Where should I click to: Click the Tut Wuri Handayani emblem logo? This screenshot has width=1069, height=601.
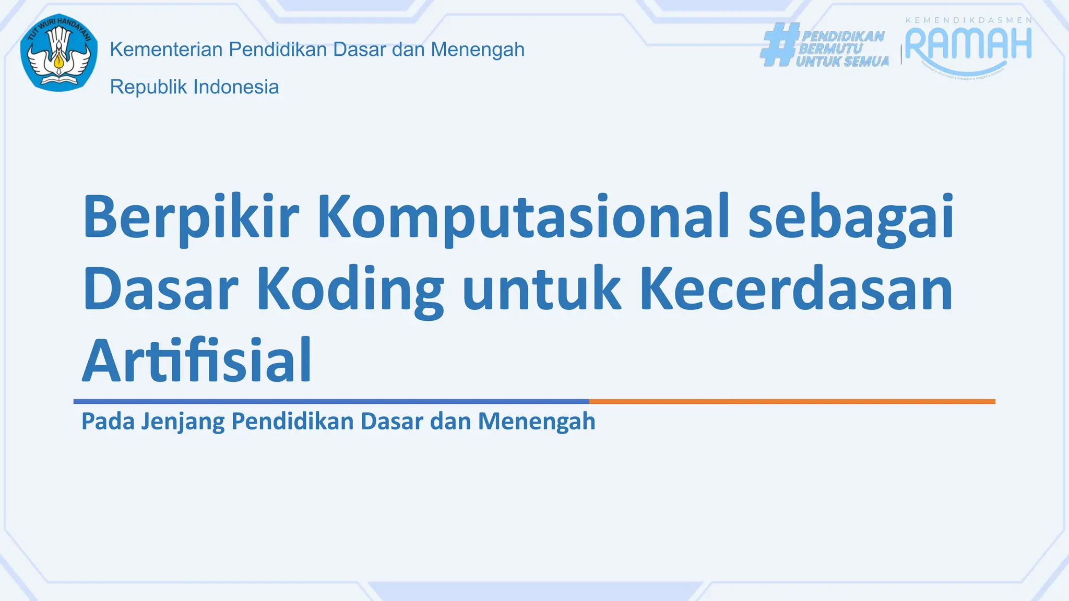tap(59, 53)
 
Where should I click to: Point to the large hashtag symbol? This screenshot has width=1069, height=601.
tap(779, 45)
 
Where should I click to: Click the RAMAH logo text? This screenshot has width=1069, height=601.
tap(968, 44)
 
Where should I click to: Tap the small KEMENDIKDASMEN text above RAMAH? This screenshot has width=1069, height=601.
tap(968, 20)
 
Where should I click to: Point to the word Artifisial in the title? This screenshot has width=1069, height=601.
tap(197, 361)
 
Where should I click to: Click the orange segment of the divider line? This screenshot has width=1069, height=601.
tap(792, 402)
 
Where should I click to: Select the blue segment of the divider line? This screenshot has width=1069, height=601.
tap(331, 402)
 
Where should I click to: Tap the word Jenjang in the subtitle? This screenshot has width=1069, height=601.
tap(182, 422)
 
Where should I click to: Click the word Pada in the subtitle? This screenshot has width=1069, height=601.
tap(108, 422)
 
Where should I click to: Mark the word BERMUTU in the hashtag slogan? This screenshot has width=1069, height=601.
tap(830, 49)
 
